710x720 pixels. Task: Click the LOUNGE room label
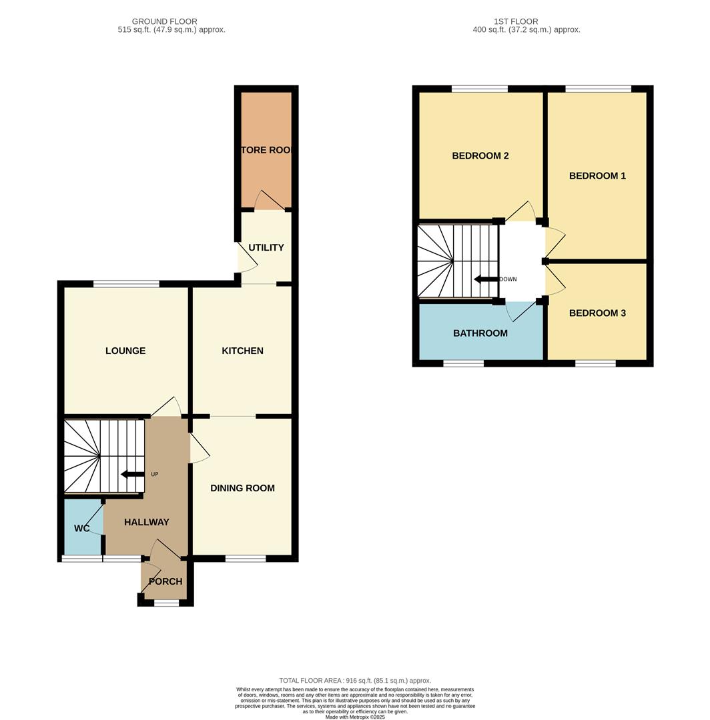pos(125,351)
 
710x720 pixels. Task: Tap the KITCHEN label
pos(242,351)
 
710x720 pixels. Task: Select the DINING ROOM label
pos(242,488)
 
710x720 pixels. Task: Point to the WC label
pos(82,529)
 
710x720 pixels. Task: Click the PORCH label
pos(165,581)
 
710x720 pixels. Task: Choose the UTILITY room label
pos(266,247)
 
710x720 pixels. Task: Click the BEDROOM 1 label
pos(597,176)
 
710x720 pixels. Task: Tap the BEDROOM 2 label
pos(480,156)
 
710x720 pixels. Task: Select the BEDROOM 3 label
pos(597,313)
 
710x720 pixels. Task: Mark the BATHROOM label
pos(480,333)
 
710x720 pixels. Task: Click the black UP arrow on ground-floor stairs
pos(132,475)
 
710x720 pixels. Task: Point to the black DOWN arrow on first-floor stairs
pos(485,279)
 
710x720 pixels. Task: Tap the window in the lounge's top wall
pos(126,284)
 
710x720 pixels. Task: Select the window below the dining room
pos(246,559)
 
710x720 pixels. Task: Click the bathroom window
pos(463,363)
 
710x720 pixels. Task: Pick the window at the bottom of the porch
pos(166,603)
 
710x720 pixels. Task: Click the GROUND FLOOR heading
pos(164,21)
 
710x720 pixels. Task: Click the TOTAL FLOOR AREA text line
pos(355,680)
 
